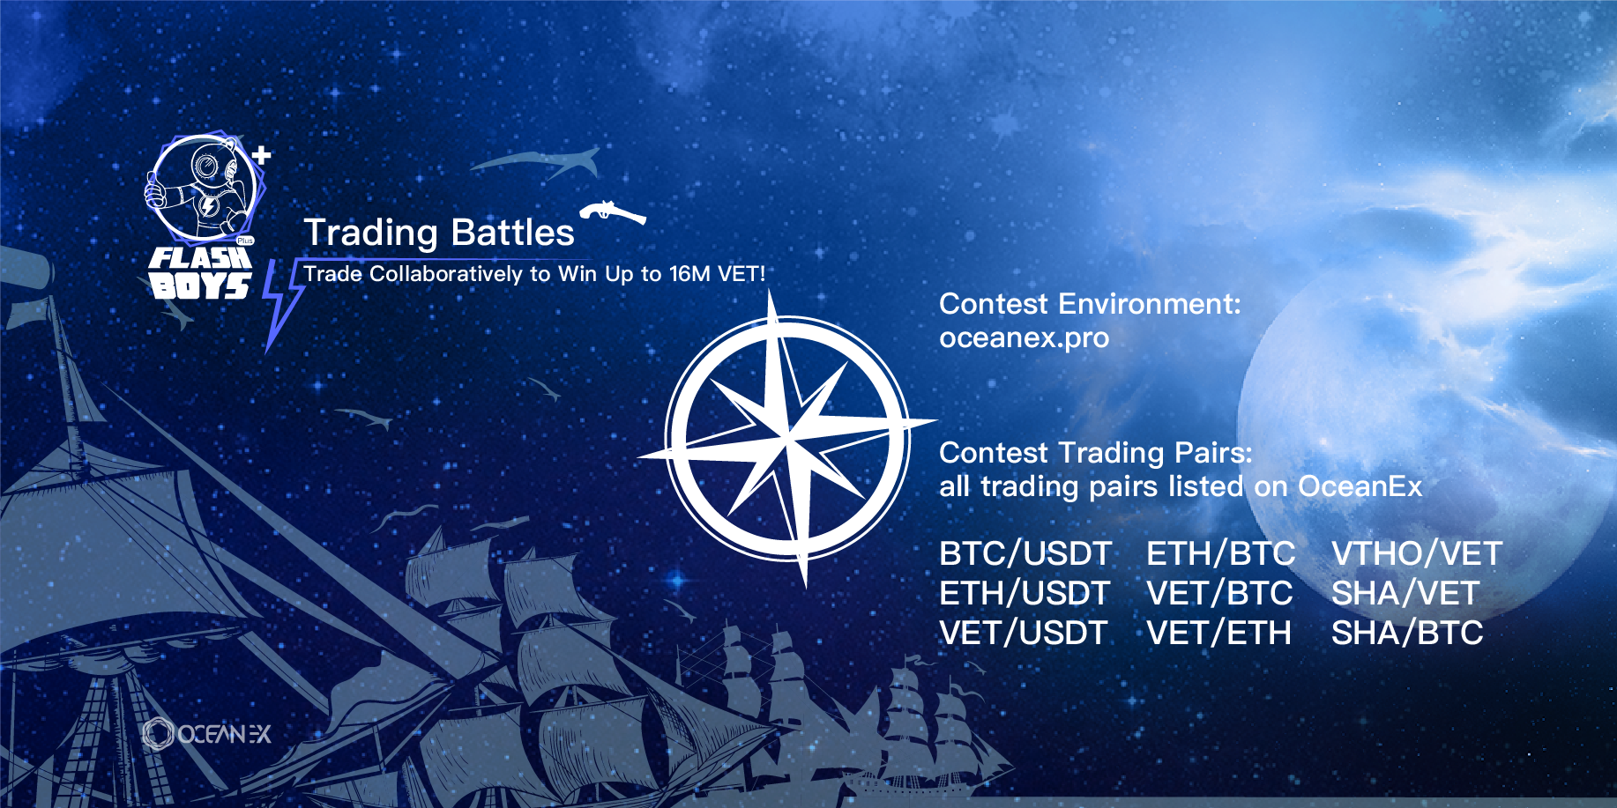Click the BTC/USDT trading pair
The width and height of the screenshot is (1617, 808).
(x=1025, y=554)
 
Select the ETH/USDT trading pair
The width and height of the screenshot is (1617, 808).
(x=1025, y=594)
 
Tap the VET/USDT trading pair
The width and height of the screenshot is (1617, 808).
(x=1024, y=634)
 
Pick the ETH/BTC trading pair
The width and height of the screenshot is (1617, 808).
(x=1221, y=554)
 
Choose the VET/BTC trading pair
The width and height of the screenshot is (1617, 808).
(x=1219, y=594)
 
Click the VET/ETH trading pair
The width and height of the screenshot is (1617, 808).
(x=1219, y=634)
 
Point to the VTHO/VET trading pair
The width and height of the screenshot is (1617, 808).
(x=1417, y=554)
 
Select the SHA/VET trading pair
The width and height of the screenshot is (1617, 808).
(x=1405, y=594)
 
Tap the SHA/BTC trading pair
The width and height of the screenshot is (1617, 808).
(x=1407, y=634)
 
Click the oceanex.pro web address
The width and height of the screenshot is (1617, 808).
(x=1025, y=338)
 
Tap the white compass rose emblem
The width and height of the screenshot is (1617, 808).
(x=787, y=438)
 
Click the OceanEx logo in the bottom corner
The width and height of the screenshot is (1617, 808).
(x=207, y=734)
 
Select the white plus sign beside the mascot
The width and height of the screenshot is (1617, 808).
(x=261, y=156)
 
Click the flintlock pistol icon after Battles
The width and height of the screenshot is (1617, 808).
(x=613, y=211)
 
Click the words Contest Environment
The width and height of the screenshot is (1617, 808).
(x=1090, y=304)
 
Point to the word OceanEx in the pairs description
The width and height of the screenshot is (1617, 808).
(x=1360, y=486)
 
